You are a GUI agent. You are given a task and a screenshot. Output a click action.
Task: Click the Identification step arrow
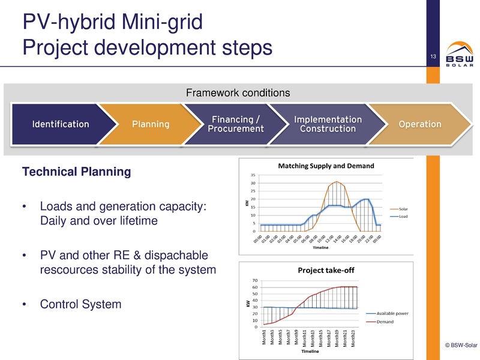click(60, 125)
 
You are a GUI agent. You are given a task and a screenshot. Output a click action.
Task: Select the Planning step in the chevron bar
click(150, 125)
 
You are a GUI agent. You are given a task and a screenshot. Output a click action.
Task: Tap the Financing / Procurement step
click(236, 124)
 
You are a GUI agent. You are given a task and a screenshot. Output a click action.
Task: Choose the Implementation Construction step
click(328, 124)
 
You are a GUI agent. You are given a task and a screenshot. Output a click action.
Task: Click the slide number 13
click(431, 57)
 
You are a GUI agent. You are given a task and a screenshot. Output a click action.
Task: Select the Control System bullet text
click(80, 304)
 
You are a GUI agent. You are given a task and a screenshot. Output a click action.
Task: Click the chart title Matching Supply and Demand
click(326, 166)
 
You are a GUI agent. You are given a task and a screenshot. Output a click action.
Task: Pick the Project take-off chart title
click(326, 270)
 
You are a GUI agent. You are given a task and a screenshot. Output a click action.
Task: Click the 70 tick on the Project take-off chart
click(254, 280)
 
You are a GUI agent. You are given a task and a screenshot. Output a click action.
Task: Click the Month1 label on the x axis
click(265, 338)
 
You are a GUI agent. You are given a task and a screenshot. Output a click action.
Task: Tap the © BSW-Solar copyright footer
click(461, 345)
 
